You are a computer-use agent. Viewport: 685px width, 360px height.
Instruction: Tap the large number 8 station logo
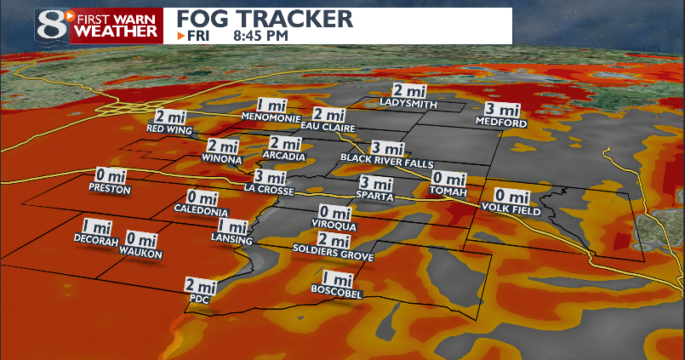pyautogui.click(x=53, y=24)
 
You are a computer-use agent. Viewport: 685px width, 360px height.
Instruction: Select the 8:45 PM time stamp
pyautogui.click(x=260, y=36)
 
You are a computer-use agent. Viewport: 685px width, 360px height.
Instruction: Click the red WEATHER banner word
pyautogui.click(x=117, y=31)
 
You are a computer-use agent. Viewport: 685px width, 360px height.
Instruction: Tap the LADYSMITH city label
pyautogui.click(x=409, y=105)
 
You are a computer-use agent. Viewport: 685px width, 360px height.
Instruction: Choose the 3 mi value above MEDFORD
pyautogui.click(x=502, y=109)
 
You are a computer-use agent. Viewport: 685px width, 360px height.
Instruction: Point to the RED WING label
pyautogui.click(x=170, y=129)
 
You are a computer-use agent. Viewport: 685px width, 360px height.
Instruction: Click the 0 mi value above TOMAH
pyautogui.click(x=448, y=178)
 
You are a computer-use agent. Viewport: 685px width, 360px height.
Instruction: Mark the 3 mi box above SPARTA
pyautogui.click(x=376, y=183)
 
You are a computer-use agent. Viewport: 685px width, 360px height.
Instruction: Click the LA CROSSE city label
pyautogui.click(x=269, y=189)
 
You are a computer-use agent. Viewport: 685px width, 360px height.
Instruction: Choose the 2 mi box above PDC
pyautogui.click(x=200, y=286)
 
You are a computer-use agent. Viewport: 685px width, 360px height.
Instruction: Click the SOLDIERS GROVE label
pyautogui.click(x=333, y=253)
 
